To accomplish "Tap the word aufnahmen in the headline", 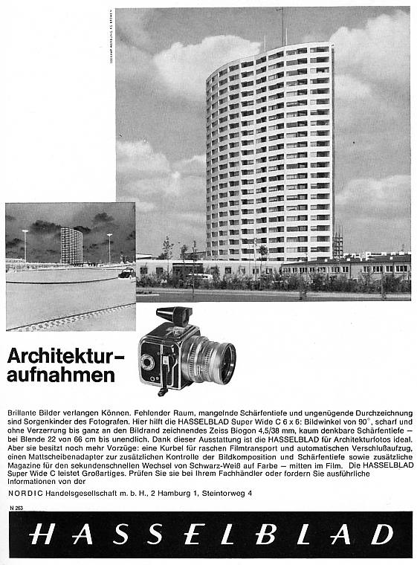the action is point(61,375).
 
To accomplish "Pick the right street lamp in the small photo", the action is point(109,247).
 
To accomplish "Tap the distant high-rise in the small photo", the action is point(71,245).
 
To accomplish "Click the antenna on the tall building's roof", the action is point(282,26).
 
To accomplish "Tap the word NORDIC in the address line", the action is point(25,492).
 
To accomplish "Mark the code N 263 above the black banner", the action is point(17,507).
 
